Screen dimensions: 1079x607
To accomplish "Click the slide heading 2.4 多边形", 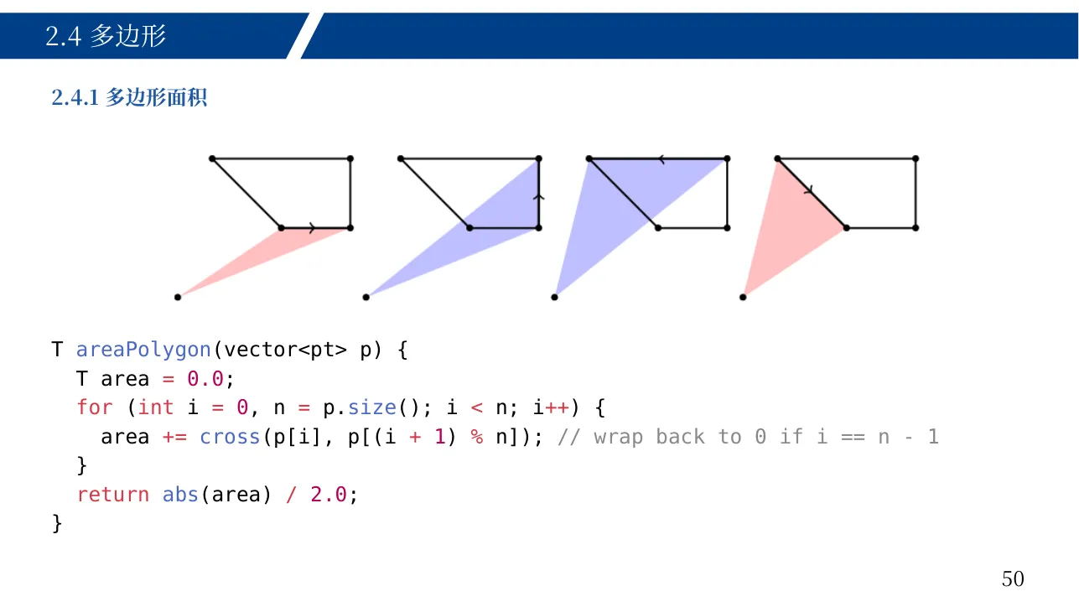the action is point(106,36).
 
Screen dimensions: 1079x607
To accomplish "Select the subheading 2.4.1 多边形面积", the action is point(129,98).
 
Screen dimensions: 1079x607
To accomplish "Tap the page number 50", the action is point(1013,579).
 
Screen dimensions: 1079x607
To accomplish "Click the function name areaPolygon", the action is point(143,350).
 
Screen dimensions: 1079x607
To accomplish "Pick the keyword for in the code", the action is point(95,408).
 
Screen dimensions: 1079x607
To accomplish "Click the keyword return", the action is point(112,495).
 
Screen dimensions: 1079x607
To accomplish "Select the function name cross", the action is point(230,437).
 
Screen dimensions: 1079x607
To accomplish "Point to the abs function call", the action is point(180,495).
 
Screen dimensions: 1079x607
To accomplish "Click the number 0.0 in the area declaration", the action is point(205,379).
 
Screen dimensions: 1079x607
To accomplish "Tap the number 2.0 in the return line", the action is point(329,495).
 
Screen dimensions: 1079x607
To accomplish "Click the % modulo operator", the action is point(477,437).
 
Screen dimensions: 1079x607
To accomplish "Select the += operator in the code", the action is point(174,438).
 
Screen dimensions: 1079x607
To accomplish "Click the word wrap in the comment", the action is point(619,438).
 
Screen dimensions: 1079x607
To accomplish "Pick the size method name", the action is point(372,408).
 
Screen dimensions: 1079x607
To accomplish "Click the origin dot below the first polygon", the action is point(178,298).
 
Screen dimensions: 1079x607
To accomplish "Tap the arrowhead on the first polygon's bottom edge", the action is point(313,228).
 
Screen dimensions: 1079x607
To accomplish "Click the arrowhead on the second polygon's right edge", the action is point(539,196).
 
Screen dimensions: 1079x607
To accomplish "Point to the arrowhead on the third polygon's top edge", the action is point(661,159).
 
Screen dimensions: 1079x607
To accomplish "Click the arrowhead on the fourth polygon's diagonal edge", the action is point(809,191).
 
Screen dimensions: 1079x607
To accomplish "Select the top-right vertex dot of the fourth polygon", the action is point(916,158).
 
